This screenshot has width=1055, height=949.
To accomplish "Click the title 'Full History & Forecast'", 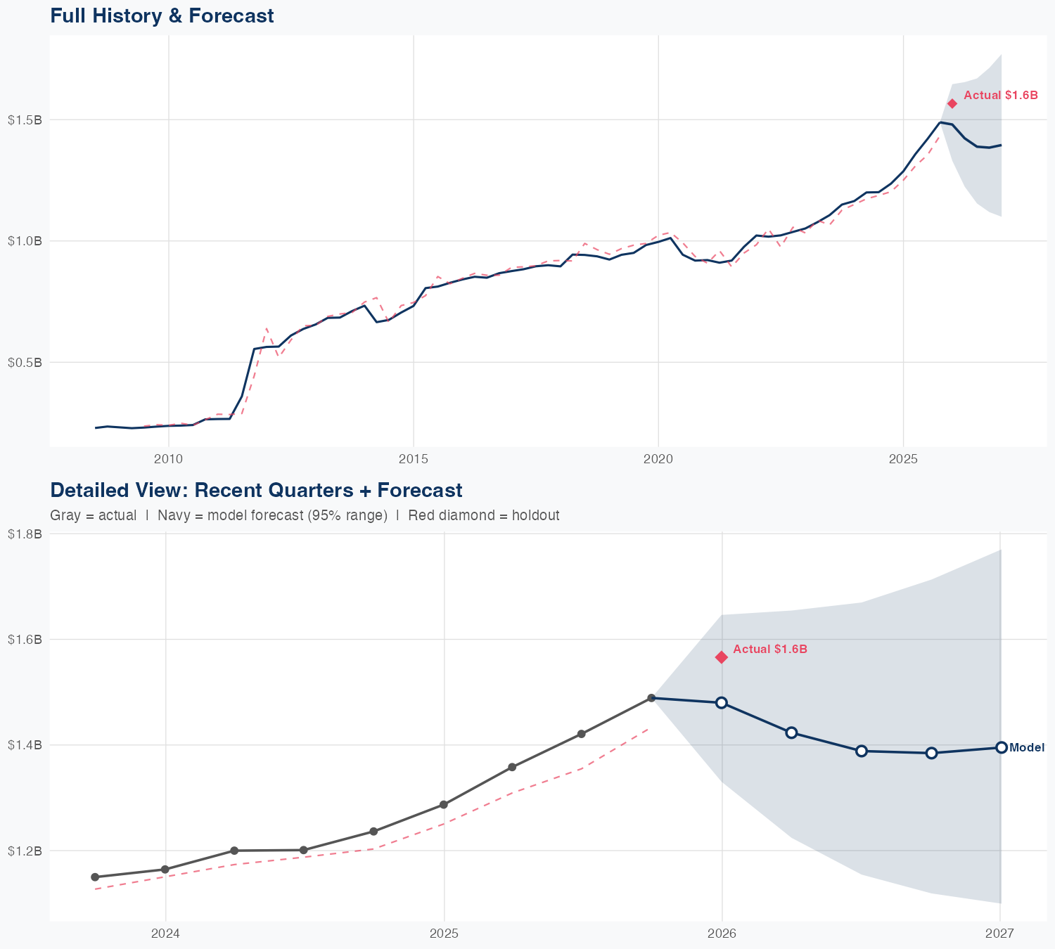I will coord(162,15).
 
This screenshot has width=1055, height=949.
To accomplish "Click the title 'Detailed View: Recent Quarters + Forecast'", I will coord(256,490).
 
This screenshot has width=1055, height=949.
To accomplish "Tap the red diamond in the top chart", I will coord(952,103).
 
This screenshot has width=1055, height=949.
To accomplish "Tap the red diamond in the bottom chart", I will coord(721,657).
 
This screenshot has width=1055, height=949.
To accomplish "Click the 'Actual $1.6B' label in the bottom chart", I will coord(770,649).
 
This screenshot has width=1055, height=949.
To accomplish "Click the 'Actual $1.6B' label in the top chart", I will coord(1000,95).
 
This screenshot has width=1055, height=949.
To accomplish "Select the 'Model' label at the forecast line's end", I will coord(1026,748).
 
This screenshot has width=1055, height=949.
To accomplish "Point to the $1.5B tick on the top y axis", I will coord(25,120).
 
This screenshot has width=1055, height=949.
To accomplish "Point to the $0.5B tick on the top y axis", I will coord(25,362).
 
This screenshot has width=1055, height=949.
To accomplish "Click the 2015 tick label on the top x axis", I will coord(413,459).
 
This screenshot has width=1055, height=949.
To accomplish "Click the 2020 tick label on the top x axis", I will coord(658,459).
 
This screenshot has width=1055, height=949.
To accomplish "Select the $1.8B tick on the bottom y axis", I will coord(25,534).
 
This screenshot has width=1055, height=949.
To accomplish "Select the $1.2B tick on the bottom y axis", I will coord(25,851).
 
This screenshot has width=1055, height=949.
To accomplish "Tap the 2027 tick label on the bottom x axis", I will coord(999,934).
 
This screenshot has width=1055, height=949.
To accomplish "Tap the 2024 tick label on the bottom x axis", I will coord(166,934).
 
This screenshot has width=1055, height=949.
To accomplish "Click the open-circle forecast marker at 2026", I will coord(721,702).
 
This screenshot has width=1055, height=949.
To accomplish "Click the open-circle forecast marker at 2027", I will coord(1002,747).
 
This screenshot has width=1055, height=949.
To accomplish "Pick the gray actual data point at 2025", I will coord(444,804).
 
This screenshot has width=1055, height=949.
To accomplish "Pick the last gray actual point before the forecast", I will coord(651,698).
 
